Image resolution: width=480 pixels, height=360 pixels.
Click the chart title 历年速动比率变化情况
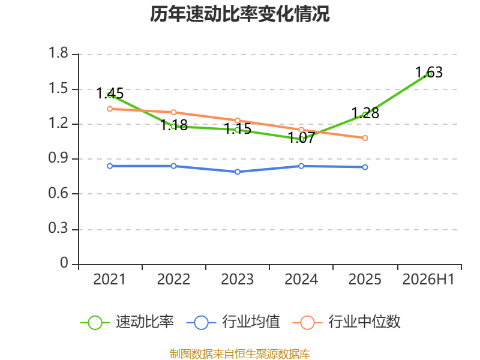[239, 14]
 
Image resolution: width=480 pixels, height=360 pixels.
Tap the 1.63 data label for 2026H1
[429, 72]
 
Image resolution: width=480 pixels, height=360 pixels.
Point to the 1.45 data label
[110, 94]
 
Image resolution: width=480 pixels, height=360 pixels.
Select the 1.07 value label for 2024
[301, 137]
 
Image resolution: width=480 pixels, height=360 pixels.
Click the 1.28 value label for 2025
[365, 113]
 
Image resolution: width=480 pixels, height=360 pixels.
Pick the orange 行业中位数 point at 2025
[365, 138]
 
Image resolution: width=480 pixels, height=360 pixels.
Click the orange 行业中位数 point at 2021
[110, 109]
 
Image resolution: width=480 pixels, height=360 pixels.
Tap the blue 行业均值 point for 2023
[237, 172]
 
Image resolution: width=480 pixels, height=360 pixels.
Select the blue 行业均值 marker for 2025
[365, 167]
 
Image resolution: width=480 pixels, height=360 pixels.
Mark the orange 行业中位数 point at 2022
[173, 112]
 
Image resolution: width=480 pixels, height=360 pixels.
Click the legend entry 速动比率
[127, 322]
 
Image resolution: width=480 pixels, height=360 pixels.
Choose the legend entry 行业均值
[233, 322]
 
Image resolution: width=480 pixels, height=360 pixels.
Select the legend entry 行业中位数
[347, 322]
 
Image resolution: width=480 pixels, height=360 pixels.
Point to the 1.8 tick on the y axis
[58, 53]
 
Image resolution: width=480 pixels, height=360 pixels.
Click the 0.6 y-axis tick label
[58, 193]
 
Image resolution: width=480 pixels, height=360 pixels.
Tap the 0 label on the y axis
[64, 263]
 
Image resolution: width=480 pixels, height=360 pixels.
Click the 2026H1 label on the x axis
[428, 280]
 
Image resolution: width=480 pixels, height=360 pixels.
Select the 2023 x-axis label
[237, 280]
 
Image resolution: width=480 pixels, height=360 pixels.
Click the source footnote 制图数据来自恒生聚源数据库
[239, 354]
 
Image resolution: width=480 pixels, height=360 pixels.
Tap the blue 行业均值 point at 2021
[110, 166]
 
